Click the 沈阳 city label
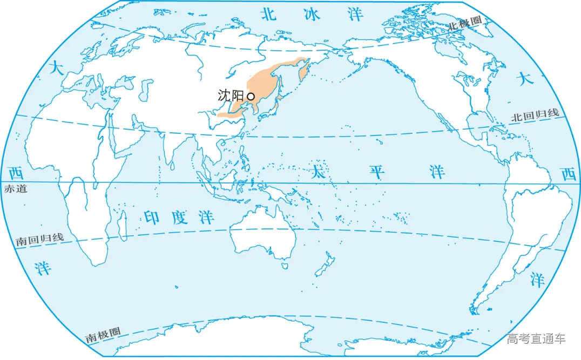click(x=231, y=96)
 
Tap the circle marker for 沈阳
click(x=251, y=96)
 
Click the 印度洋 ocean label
click(x=179, y=218)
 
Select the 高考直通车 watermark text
click(x=536, y=339)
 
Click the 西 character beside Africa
click(x=16, y=174)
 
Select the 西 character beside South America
click(x=568, y=174)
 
